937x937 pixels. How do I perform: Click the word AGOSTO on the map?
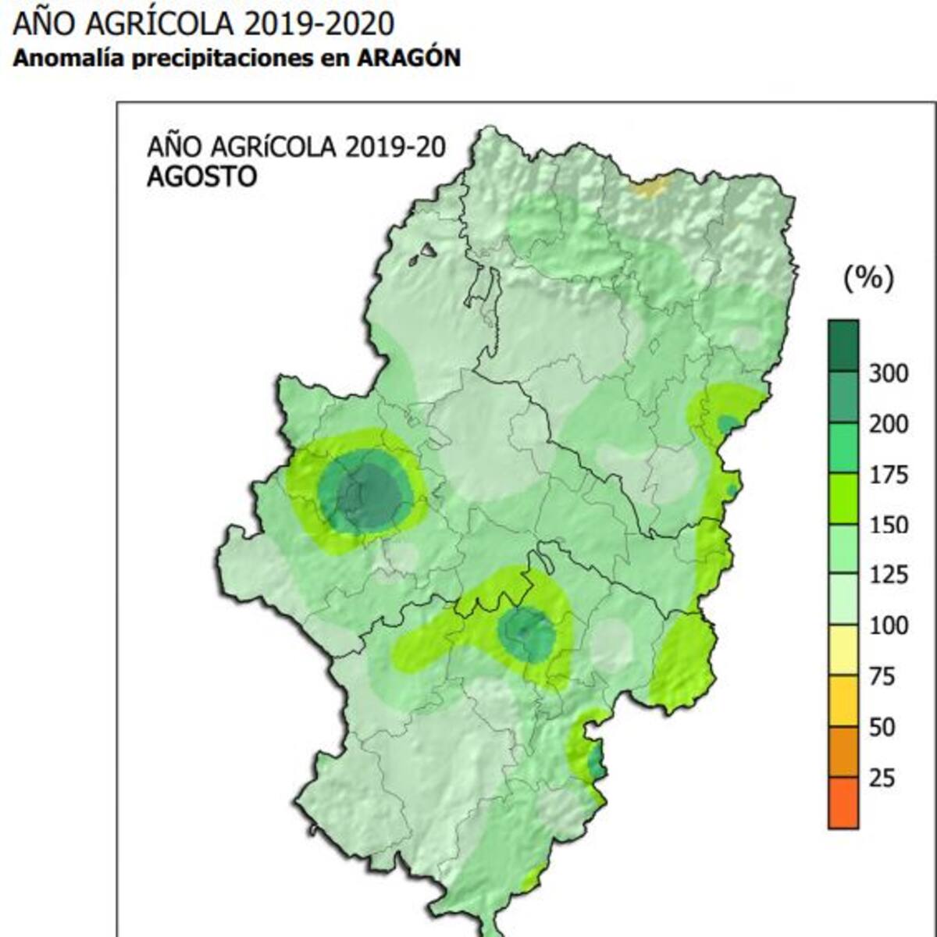pyautogui.click(x=201, y=176)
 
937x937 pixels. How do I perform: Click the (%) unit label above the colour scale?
pyautogui.click(x=868, y=277)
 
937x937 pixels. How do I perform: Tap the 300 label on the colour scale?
pyautogui.click(x=889, y=374)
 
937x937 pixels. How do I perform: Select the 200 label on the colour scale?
pyautogui.click(x=889, y=424)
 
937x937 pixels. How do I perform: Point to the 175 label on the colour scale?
pyautogui.click(x=889, y=475)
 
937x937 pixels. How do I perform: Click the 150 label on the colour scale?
pyautogui.click(x=889, y=525)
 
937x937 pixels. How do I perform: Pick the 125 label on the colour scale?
pyautogui.click(x=889, y=575)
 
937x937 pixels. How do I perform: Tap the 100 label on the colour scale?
pyautogui.click(x=889, y=625)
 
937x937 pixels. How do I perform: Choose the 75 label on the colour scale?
pyautogui.click(x=882, y=676)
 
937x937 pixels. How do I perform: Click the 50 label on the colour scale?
pyautogui.click(x=882, y=727)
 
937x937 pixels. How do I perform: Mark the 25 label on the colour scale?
pyautogui.click(x=882, y=778)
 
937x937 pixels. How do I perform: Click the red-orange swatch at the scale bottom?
pyautogui.click(x=843, y=803)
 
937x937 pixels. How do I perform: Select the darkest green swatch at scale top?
pyautogui.click(x=843, y=345)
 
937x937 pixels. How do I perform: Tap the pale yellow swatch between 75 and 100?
pyautogui.click(x=843, y=650)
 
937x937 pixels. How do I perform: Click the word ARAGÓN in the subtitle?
pyautogui.click(x=409, y=59)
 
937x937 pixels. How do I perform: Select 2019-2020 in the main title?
pyautogui.click(x=319, y=23)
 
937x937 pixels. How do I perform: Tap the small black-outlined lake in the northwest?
pyautogui.click(x=428, y=251)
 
